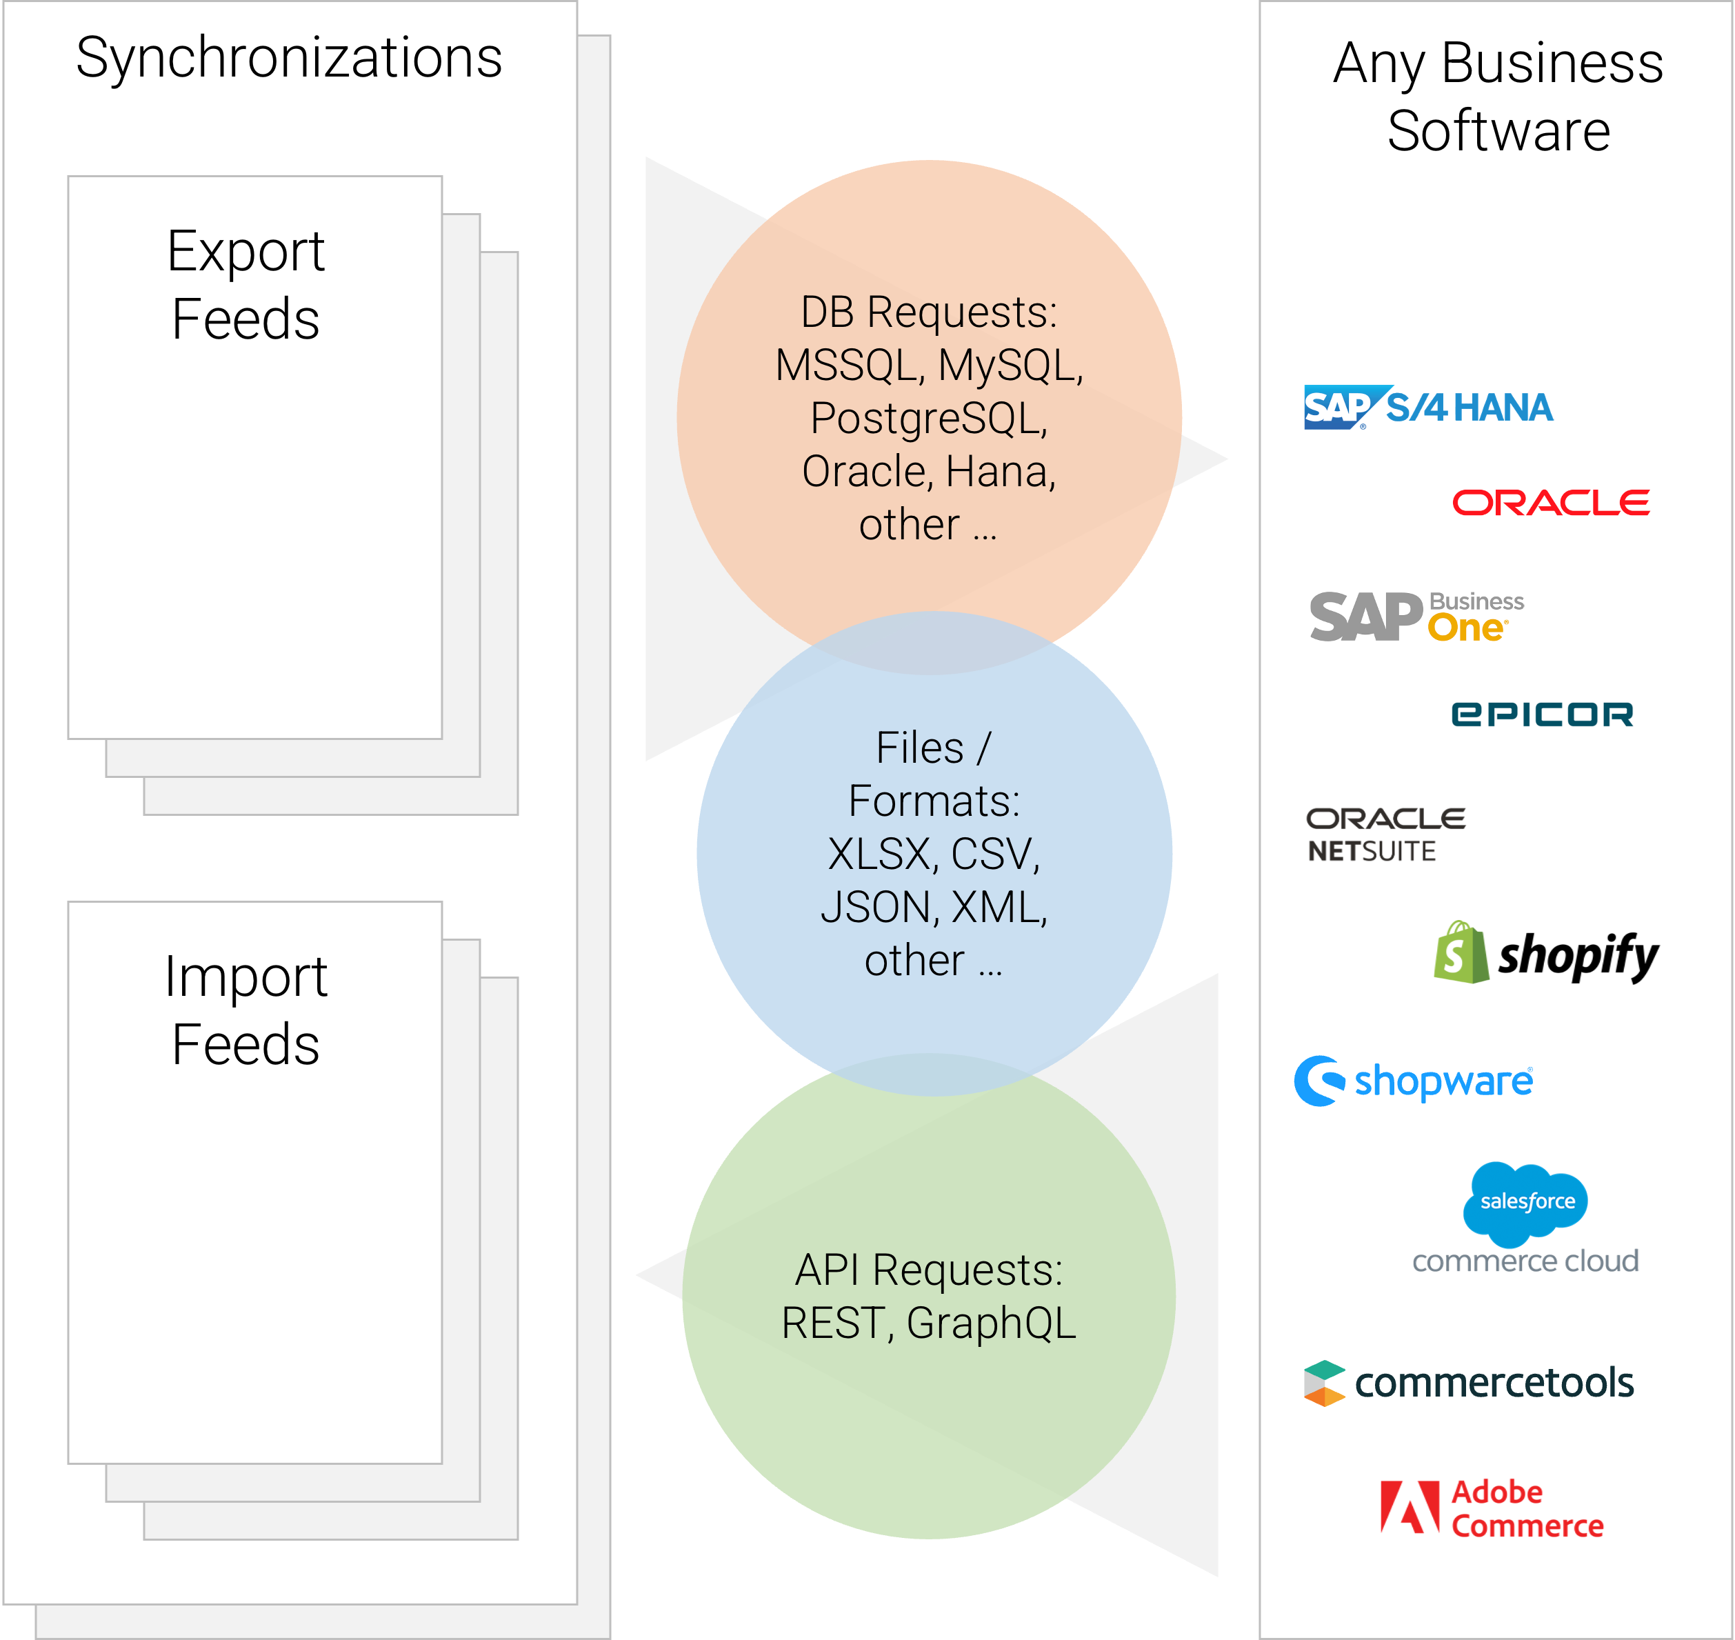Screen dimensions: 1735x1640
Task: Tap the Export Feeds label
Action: pyautogui.click(x=245, y=284)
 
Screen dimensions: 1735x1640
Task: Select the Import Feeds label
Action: pyautogui.click(x=245, y=1010)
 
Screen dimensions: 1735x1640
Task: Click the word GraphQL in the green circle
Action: pyautogui.click(x=991, y=1324)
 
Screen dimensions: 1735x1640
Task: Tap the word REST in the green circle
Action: pyautogui.click(x=837, y=1323)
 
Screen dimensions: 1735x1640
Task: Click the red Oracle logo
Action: pyautogui.click(x=1551, y=503)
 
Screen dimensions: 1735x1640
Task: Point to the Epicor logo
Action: pyautogui.click(x=1542, y=714)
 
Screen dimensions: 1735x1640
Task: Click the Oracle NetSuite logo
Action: pyautogui.click(x=1385, y=835)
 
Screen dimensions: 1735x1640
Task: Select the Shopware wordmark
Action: pyautogui.click(x=1443, y=1081)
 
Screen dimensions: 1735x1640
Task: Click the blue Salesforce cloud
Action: pyautogui.click(x=1525, y=1203)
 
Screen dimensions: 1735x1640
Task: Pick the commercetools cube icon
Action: pyautogui.click(x=1324, y=1383)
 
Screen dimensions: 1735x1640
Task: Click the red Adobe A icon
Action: pyautogui.click(x=1409, y=1507)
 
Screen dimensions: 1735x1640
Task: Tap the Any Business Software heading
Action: pyautogui.click(x=1498, y=96)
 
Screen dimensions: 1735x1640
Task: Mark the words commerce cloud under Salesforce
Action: pyautogui.click(x=1525, y=1261)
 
